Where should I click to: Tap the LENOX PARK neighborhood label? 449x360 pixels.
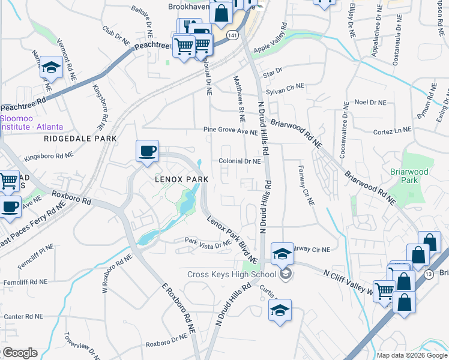click(x=181, y=179)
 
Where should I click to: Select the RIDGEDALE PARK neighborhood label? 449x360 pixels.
click(x=80, y=138)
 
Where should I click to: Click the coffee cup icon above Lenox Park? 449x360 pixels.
click(x=147, y=151)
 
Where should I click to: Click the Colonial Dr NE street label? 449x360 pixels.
click(x=239, y=161)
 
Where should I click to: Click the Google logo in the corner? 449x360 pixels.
click(x=19, y=353)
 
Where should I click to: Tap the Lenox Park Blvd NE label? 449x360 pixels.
click(x=232, y=237)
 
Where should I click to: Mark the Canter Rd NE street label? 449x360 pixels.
click(x=23, y=316)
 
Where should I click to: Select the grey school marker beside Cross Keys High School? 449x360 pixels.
click(x=286, y=274)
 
